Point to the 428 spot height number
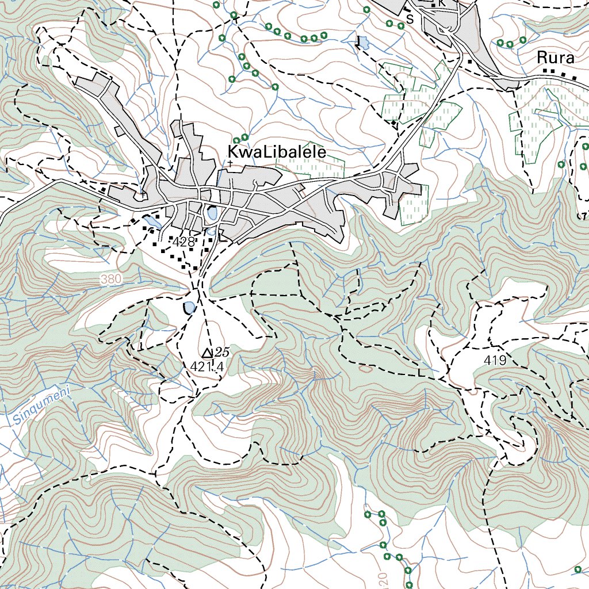(183, 242)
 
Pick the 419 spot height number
(495, 361)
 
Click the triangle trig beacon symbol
(208, 352)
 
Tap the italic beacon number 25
(221, 351)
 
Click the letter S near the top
(410, 19)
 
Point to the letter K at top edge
(442, 3)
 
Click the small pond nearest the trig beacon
(189, 308)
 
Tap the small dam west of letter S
(364, 43)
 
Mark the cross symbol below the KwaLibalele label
(230, 164)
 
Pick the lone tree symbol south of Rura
(561, 165)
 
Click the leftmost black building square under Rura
(545, 70)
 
